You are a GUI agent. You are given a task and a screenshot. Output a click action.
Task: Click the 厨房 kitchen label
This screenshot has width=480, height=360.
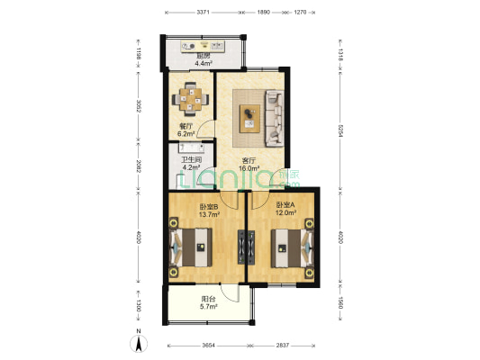pos(204,55)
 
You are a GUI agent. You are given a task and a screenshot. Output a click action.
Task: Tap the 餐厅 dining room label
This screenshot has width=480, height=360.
pos(186,126)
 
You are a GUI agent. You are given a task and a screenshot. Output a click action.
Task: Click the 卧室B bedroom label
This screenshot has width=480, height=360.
pos(209,205)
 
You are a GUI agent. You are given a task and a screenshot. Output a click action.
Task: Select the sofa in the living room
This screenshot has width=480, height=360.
pos(274,118)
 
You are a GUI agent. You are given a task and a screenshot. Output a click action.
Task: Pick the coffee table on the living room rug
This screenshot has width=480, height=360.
pos(249,117)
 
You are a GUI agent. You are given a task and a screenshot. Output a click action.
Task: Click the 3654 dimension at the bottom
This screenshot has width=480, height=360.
pos(208,345)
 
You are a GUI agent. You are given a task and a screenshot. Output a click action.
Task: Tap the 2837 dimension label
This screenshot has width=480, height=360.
pos(283,345)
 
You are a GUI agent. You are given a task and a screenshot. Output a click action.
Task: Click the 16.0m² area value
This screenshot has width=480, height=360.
pos(249,168)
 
